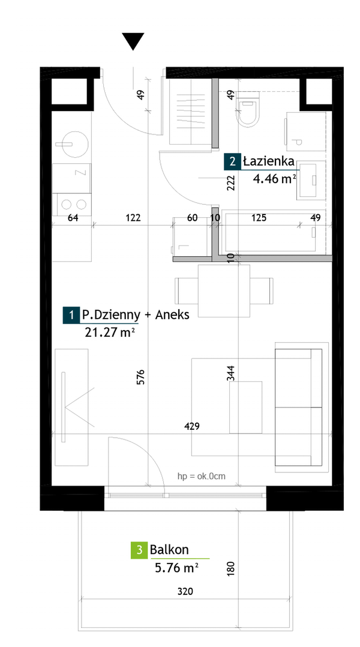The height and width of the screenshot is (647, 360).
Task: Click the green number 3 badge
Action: [x=139, y=550]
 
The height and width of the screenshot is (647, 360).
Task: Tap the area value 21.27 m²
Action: [x=110, y=333]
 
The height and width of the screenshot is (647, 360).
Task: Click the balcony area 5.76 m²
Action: [x=176, y=568]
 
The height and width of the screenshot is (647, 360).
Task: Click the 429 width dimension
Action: [x=192, y=426]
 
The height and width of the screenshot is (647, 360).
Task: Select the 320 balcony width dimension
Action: [x=185, y=591]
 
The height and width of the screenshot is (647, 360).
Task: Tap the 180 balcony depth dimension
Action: [x=231, y=568]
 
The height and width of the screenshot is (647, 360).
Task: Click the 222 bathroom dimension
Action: [x=231, y=182]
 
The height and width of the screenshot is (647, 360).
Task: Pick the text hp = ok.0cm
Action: [x=201, y=477]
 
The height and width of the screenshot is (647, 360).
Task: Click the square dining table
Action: [x=224, y=291]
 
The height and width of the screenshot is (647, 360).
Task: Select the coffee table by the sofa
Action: [x=246, y=408]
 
